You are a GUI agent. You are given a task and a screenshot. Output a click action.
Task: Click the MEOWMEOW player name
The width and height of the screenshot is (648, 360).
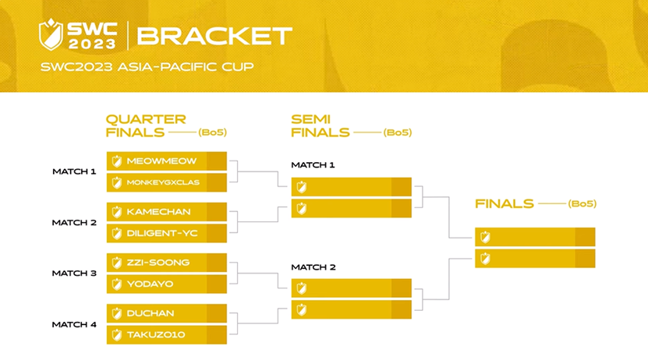(x=161, y=161)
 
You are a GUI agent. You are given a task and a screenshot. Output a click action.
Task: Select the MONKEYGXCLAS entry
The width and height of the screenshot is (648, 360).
(x=163, y=182)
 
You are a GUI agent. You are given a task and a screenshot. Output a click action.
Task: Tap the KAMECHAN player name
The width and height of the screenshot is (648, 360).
(x=158, y=212)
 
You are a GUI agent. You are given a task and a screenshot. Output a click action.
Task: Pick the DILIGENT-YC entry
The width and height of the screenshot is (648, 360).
(x=161, y=233)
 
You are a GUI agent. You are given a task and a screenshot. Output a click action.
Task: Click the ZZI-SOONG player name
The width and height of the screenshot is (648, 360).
(x=158, y=263)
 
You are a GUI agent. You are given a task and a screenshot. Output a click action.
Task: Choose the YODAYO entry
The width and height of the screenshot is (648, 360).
(x=150, y=284)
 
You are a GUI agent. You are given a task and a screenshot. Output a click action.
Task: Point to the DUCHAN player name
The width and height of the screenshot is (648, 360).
(x=150, y=313)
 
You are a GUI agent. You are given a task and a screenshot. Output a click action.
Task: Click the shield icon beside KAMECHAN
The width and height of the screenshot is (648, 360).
(x=117, y=212)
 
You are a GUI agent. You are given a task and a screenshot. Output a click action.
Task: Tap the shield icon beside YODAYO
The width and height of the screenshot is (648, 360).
(x=117, y=284)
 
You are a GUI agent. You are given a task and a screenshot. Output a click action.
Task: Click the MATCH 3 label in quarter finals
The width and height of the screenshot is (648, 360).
(x=74, y=274)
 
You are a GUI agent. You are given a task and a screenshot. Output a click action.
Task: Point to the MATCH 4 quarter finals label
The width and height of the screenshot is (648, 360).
(x=74, y=324)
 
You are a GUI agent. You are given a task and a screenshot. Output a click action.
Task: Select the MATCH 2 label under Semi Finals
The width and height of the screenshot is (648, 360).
(x=313, y=267)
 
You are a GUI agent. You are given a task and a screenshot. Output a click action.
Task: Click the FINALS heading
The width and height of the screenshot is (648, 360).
(x=505, y=204)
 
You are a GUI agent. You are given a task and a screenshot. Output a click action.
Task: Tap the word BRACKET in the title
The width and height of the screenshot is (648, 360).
(x=214, y=36)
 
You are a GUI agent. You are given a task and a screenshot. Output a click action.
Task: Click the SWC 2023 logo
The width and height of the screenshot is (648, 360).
(x=78, y=35)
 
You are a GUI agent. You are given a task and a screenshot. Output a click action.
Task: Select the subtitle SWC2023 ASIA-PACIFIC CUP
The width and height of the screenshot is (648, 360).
(x=147, y=67)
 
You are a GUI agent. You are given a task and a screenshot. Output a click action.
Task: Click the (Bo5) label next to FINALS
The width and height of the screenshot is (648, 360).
(x=582, y=204)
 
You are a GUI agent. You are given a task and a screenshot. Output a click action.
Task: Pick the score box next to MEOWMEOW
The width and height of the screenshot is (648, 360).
(x=217, y=161)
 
